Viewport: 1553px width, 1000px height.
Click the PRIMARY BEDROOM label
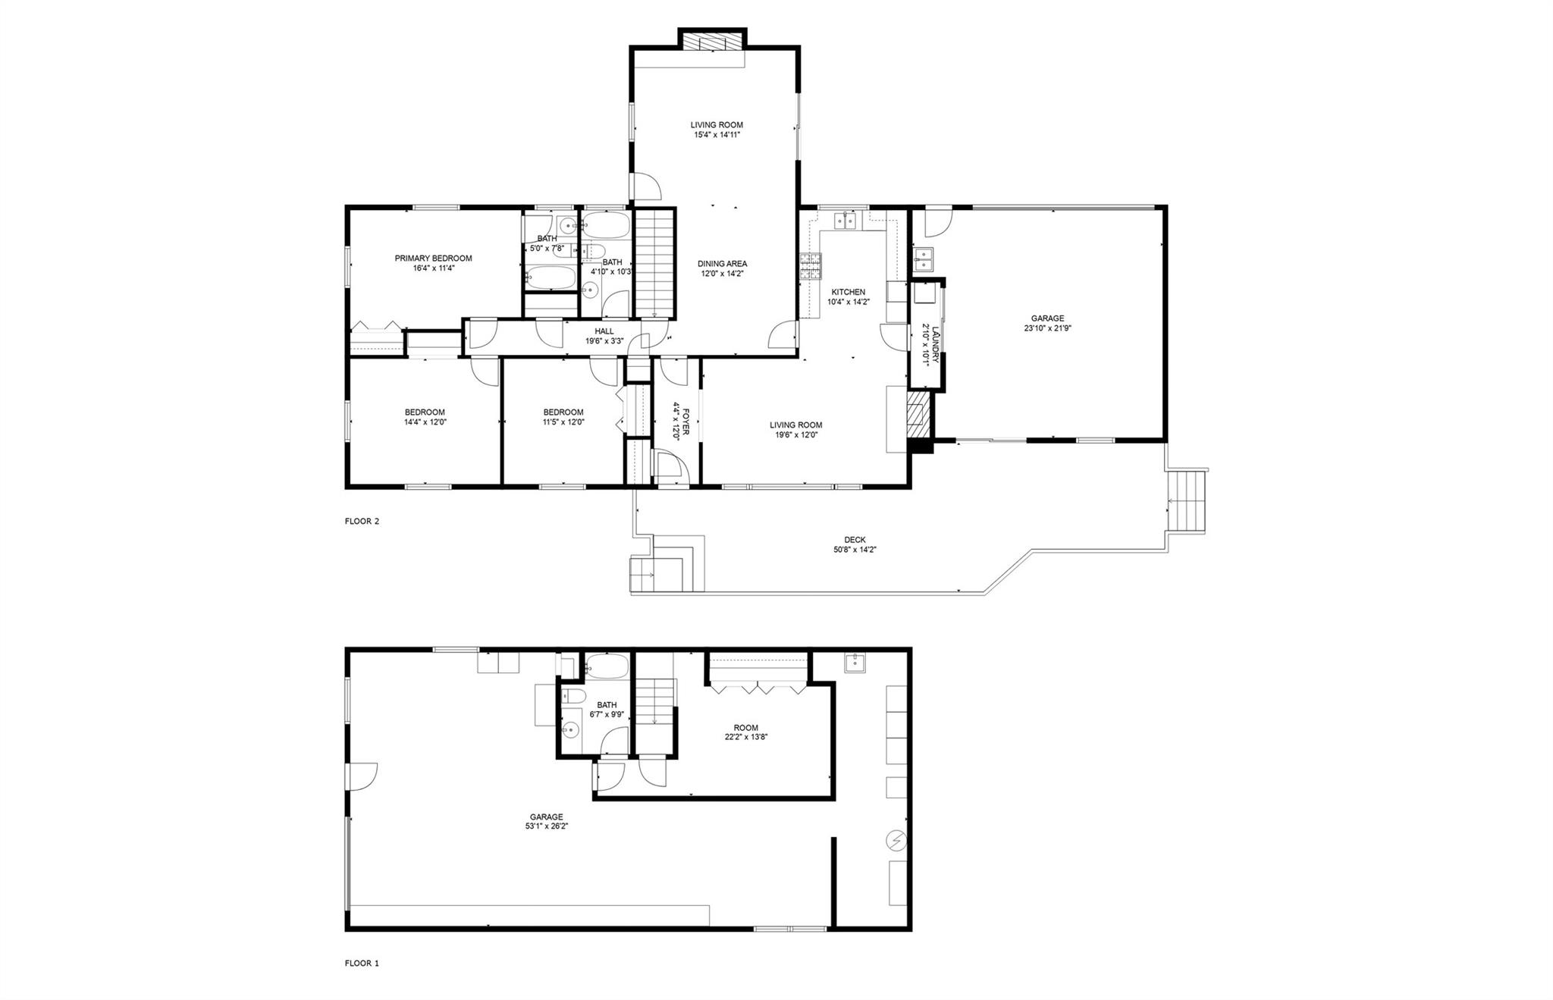pyautogui.click(x=433, y=259)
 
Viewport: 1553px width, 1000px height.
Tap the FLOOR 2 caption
pyautogui.click(x=362, y=522)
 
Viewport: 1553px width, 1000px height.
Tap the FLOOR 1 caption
pyautogui.click(x=362, y=964)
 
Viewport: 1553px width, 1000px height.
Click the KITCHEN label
pyautogui.click(x=848, y=292)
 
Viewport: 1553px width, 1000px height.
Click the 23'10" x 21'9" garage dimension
pyautogui.click(x=1046, y=329)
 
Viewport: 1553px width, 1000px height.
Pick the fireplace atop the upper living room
pyautogui.click(x=711, y=40)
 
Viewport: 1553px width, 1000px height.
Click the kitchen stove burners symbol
pyautogui.click(x=810, y=267)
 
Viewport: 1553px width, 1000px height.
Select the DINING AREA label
pyautogui.click(x=722, y=264)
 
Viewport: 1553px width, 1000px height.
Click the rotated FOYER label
pyautogui.click(x=686, y=421)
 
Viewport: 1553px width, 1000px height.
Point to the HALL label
pyautogui.click(x=604, y=331)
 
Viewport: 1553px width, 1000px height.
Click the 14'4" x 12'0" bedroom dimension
pyautogui.click(x=425, y=422)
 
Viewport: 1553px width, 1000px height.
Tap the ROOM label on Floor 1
pyautogui.click(x=745, y=728)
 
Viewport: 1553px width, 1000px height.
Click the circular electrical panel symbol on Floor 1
pyautogui.click(x=897, y=840)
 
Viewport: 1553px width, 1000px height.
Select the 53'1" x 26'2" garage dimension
pyautogui.click(x=546, y=826)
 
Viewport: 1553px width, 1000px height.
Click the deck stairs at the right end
pyautogui.click(x=1185, y=501)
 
